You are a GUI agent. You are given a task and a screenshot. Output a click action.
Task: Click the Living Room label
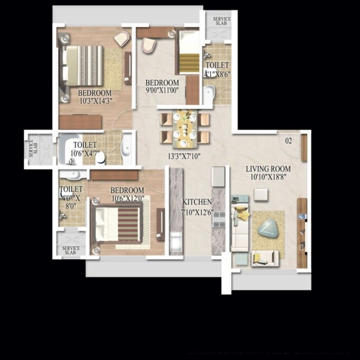click(268, 169)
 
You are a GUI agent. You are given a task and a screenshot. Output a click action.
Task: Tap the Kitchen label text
click(197, 202)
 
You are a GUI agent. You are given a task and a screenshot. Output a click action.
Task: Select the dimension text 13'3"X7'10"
click(184, 156)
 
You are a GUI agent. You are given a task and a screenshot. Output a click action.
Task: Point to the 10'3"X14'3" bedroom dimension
click(95, 100)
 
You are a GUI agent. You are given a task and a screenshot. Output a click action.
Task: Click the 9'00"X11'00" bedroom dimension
click(162, 90)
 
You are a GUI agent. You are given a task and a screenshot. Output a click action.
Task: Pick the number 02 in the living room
click(288, 141)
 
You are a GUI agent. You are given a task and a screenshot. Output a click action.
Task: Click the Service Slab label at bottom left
click(71, 250)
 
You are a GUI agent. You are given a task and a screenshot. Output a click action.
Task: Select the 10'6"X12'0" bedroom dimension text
click(127, 198)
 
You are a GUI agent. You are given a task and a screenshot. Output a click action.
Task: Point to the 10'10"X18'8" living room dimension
click(271, 177)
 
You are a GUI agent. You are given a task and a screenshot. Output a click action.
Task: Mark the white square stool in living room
click(260, 194)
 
